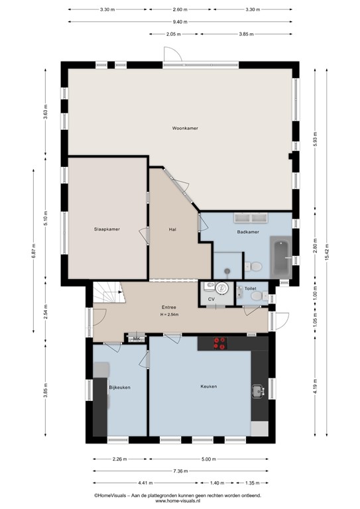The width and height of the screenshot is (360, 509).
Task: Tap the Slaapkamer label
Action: [106, 229]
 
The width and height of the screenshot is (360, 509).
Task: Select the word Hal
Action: [172, 229]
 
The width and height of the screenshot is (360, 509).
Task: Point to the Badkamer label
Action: [247, 233]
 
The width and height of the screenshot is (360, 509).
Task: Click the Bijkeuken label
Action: [119, 386]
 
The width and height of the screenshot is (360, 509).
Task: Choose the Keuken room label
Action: [209, 386]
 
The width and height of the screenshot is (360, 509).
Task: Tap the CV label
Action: [211, 300]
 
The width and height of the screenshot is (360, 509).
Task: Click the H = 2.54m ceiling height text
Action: [172, 314]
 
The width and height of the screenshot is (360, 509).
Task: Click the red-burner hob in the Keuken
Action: [219, 343]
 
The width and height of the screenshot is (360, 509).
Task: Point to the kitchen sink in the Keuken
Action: [258, 391]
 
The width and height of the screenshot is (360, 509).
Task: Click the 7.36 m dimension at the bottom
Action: [181, 471]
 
